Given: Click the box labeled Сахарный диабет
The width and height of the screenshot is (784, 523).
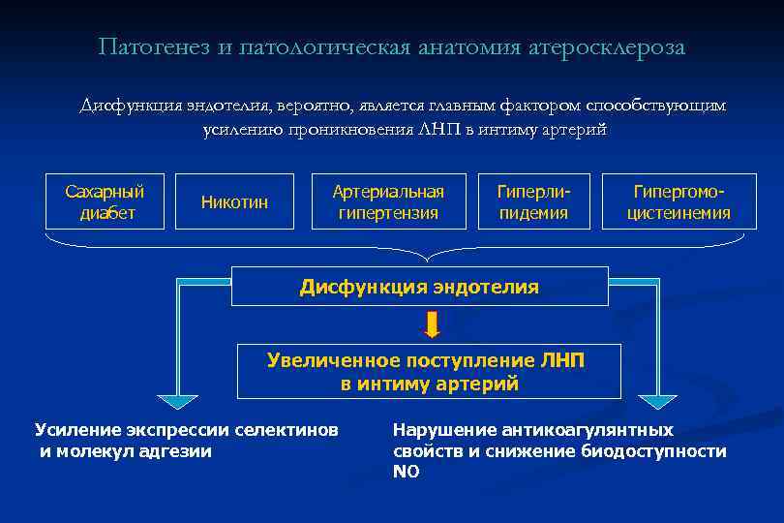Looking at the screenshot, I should point(105,201).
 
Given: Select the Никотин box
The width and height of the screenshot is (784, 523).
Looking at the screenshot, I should point(234,201).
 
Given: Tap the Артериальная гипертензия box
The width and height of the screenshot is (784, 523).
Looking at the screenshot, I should point(388,201).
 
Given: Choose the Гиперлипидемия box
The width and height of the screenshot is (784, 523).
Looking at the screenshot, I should point(533,201).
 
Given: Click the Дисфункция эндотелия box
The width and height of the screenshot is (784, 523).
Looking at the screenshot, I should point(419,287).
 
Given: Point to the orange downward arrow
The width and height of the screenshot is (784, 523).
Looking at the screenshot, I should point(432,325).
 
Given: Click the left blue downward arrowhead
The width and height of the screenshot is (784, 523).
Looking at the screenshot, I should point(177,401).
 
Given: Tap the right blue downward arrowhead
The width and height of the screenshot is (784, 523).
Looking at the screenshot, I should point(658,401).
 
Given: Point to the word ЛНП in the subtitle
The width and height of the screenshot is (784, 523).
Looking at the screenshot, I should point(442,130).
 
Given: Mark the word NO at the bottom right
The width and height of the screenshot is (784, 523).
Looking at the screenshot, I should point(406,472).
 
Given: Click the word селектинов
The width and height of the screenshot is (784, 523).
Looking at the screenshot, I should point(287,430).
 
